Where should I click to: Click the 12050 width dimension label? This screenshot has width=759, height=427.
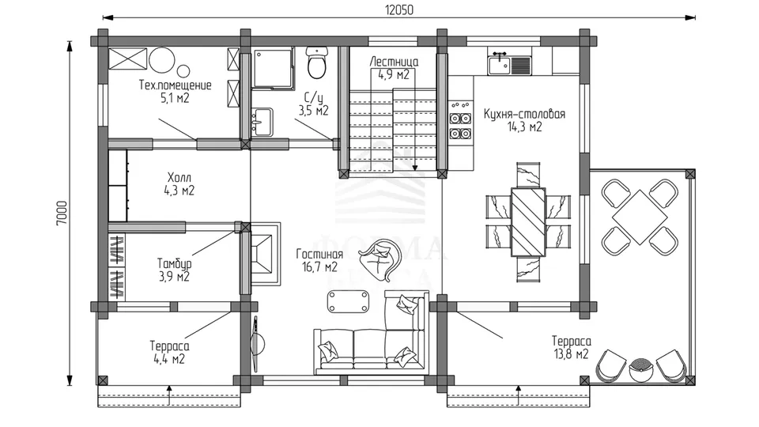tap(399, 9)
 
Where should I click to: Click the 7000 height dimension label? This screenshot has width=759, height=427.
tap(62, 213)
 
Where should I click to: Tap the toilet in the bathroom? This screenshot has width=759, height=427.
tap(317, 62)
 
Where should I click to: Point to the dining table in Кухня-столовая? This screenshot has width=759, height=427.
tap(528, 221)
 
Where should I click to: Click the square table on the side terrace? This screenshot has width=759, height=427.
tap(639, 217)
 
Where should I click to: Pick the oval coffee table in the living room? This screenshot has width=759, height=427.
tap(348, 301)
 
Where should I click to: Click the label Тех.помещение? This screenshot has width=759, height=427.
tap(176, 85)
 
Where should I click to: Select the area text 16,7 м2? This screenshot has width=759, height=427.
tap(320, 267)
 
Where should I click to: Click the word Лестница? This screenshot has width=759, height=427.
tap(394, 62)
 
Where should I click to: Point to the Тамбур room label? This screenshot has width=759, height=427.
tap(174, 264)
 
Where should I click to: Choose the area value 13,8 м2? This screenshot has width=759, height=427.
tap(571, 354)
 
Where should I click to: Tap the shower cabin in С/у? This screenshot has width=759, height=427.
tap(273, 68)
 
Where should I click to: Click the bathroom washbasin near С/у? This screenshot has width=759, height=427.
tap(262, 123)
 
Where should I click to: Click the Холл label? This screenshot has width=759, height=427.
tap(179, 177)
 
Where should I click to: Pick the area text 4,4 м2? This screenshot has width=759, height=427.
tap(169, 359)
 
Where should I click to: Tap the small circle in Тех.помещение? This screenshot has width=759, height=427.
tap(183, 70)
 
